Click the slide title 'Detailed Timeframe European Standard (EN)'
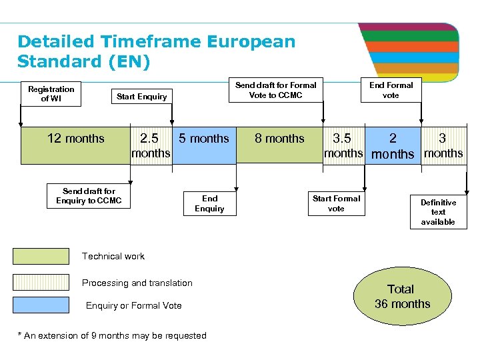pyautogui.click(x=156, y=51)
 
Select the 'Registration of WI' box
pyautogui.click(x=51, y=94)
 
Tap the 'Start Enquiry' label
pyautogui.click(x=141, y=97)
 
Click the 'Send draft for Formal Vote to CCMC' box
pyautogui.click(x=276, y=90)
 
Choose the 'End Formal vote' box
pyautogui.click(x=391, y=90)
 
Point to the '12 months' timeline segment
pyautogui.click(x=75, y=145)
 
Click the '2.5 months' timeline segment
pyautogui.click(x=151, y=145)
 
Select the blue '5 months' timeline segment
pyautogui.click(x=204, y=145)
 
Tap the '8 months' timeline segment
pyautogui.click(x=279, y=145)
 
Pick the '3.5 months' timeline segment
pyautogui.click(x=343, y=145)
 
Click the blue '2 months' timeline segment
pyautogui.click(x=393, y=145)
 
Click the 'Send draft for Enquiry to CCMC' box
pyautogui.click(x=89, y=196)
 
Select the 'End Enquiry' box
pyautogui.click(x=209, y=203)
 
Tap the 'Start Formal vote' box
pyautogui.click(x=336, y=203)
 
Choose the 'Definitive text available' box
pyautogui.click(x=438, y=212)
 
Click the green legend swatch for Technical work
pyautogui.click(x=41, y=257)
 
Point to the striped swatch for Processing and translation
pyautogui.click(x=41, y=282)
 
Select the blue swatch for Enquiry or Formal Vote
pyautogui.click(x=41, y=305)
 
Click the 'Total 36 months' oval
pyautogui.click(x=402, y=297)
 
